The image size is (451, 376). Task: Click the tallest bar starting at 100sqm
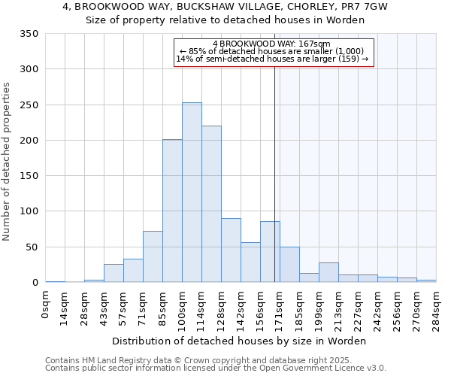coord(192,193)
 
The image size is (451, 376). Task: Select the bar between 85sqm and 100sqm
coord(172,211)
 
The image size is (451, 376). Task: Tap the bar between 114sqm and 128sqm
coord(211,205)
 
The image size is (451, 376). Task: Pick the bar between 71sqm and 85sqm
coord(153,256)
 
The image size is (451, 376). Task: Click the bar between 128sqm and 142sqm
coord(231,250)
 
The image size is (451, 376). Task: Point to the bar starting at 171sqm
coord(289,265)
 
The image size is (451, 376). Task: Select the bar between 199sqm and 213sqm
coord(328,272)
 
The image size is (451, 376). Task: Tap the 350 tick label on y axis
coord(29,34)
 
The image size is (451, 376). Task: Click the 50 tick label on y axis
coord(32,247)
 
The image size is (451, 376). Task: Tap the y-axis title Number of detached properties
coord(7,162)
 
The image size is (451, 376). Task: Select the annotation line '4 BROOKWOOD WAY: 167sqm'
coord(272,44)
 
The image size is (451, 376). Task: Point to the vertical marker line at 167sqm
coord(274,173)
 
